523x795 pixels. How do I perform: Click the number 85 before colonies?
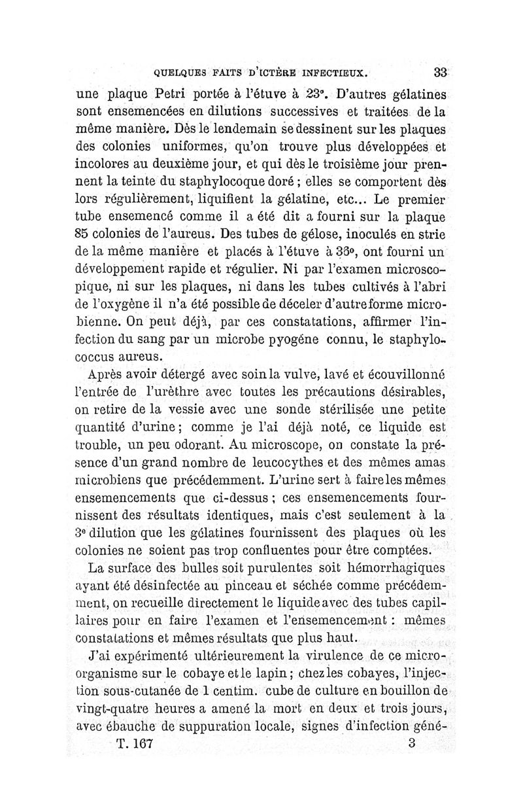pyautogui.click(x=86, y=232)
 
